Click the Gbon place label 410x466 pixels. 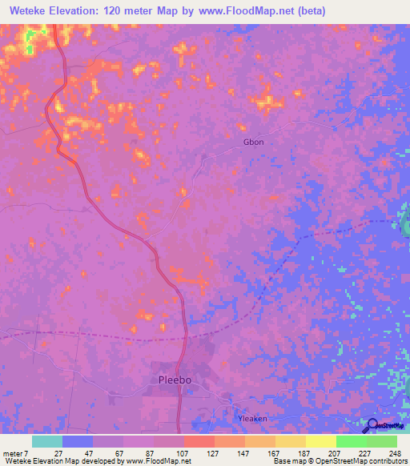click(253, 143)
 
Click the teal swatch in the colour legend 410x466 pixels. click(47, 441)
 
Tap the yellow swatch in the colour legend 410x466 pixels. click(321, 441)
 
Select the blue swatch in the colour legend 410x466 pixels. click(78, 441)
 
